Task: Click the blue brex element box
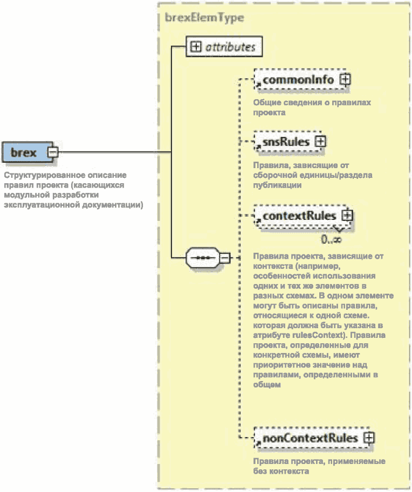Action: (24, 153)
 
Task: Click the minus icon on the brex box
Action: (52, 153)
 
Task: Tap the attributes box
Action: (223, 47)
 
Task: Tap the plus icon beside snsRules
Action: (320, 142)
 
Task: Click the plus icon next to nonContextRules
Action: (369, 438)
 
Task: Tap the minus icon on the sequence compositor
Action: (225, 258)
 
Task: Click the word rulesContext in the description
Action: (312, 336)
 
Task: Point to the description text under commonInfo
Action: (312, 107)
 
